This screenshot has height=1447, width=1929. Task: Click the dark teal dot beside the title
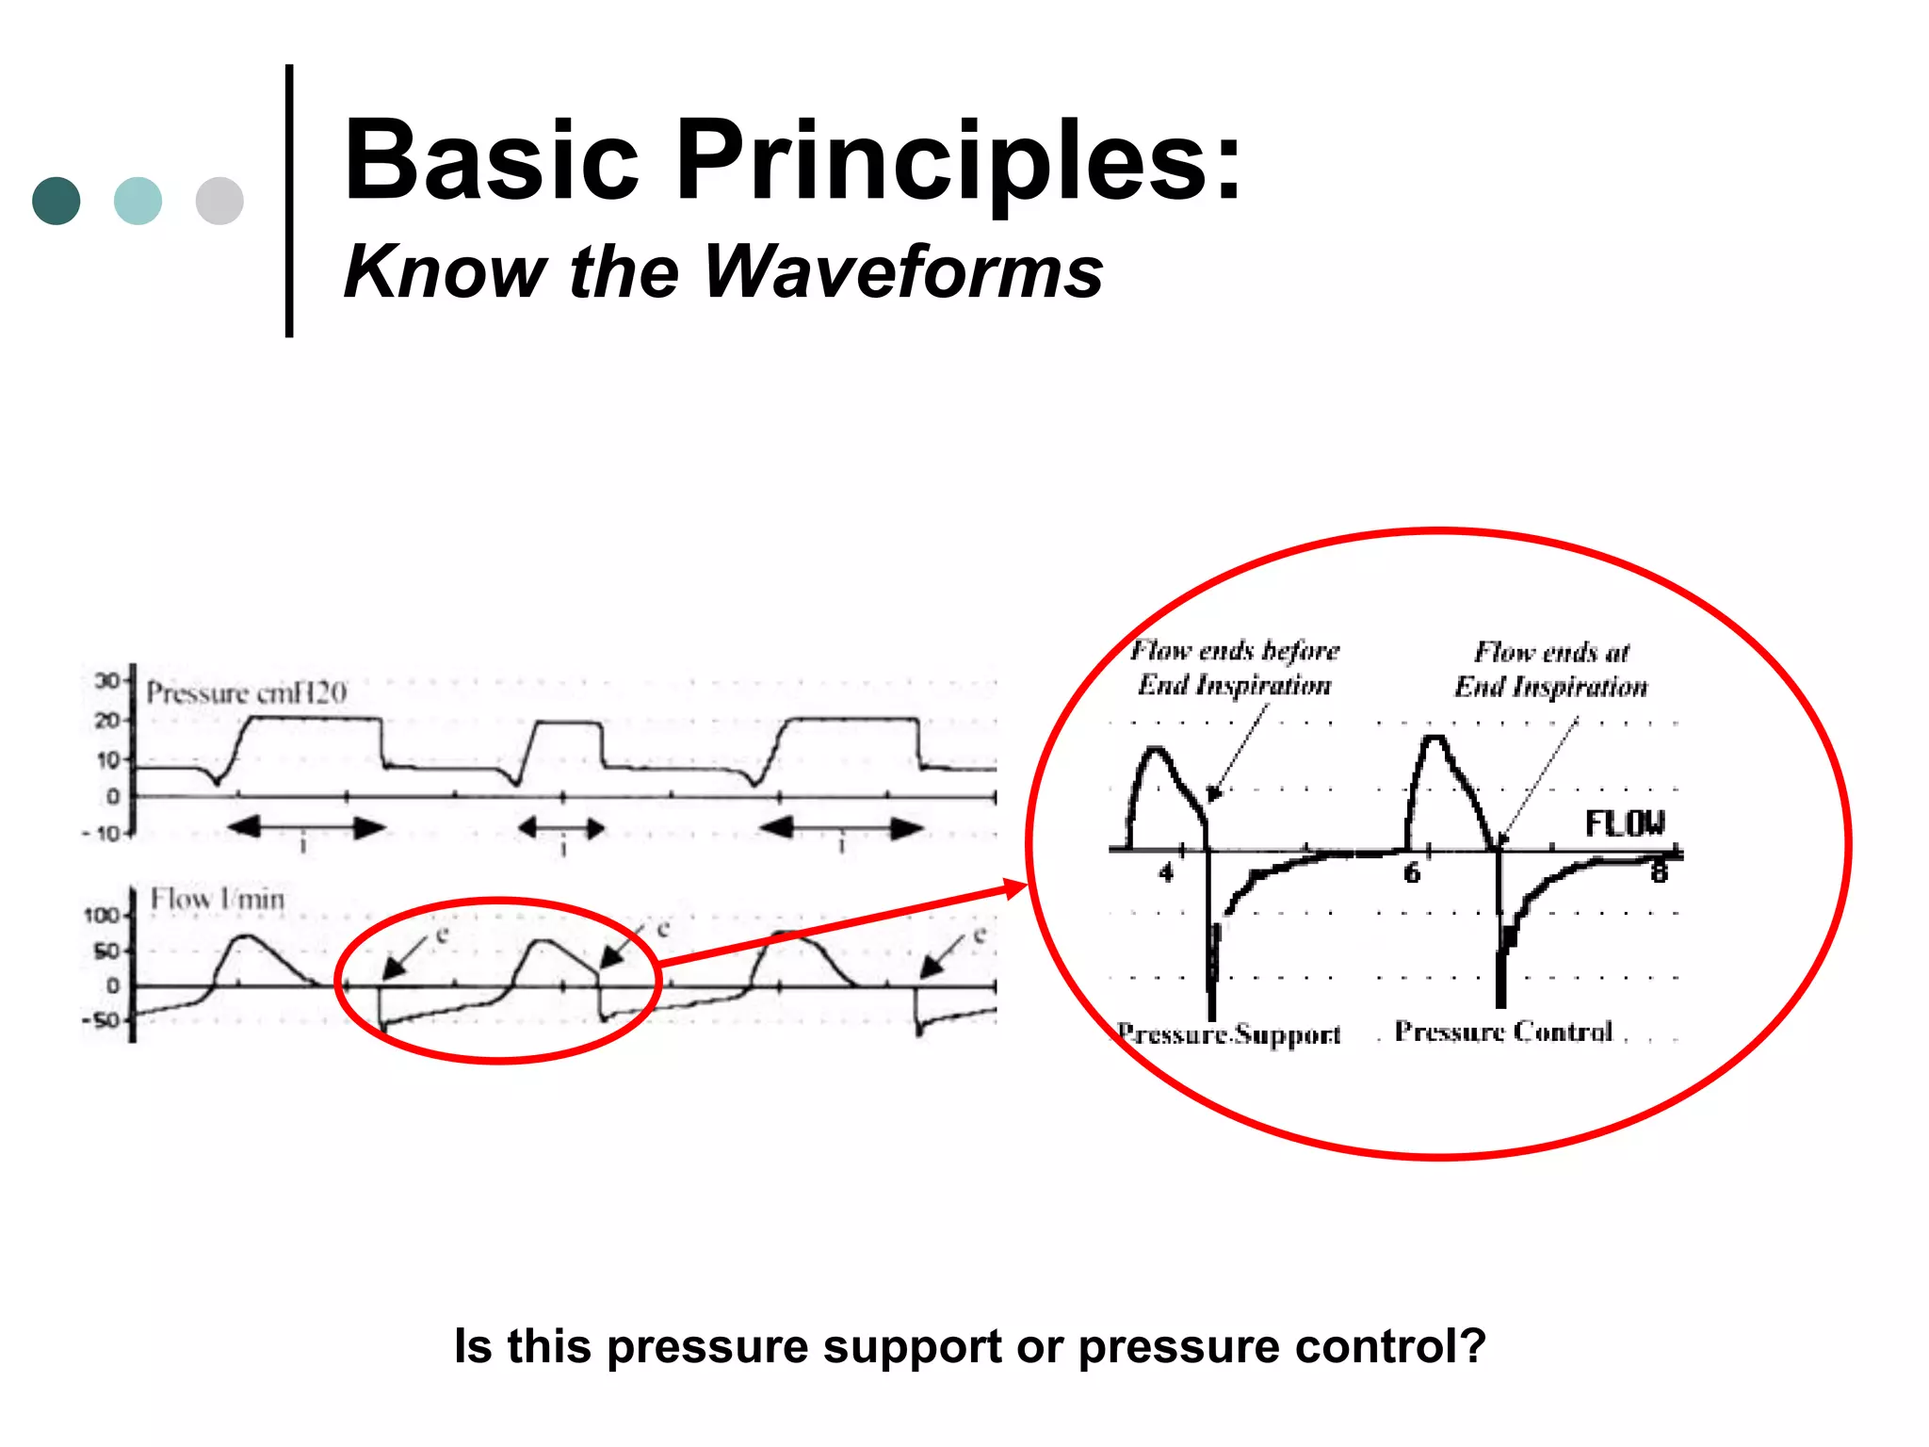coord(56,201)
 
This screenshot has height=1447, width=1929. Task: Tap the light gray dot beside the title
coord(219,201)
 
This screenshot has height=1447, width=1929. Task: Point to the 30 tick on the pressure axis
coord(106,680)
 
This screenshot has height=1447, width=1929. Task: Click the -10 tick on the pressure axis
coord(102,834)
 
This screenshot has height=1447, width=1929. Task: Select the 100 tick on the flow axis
coord(102,916)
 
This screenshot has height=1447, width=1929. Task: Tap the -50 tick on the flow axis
coord(101,1021)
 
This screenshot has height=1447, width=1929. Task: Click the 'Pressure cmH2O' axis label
coord(246,693)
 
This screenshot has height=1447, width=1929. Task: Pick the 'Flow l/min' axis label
coord(218,900)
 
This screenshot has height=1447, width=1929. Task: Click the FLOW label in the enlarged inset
coord(1625,824)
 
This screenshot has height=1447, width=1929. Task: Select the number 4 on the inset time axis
coord(1166,873)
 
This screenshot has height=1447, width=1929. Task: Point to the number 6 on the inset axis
coord(1411,873)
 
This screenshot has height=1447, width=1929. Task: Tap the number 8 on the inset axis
coord(1659,872)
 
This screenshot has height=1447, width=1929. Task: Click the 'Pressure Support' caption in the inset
coord(1229,1034)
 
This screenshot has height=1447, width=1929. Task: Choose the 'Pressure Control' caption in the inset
coord(1503,1032)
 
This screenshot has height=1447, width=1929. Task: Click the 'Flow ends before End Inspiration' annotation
coord(1234,668)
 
